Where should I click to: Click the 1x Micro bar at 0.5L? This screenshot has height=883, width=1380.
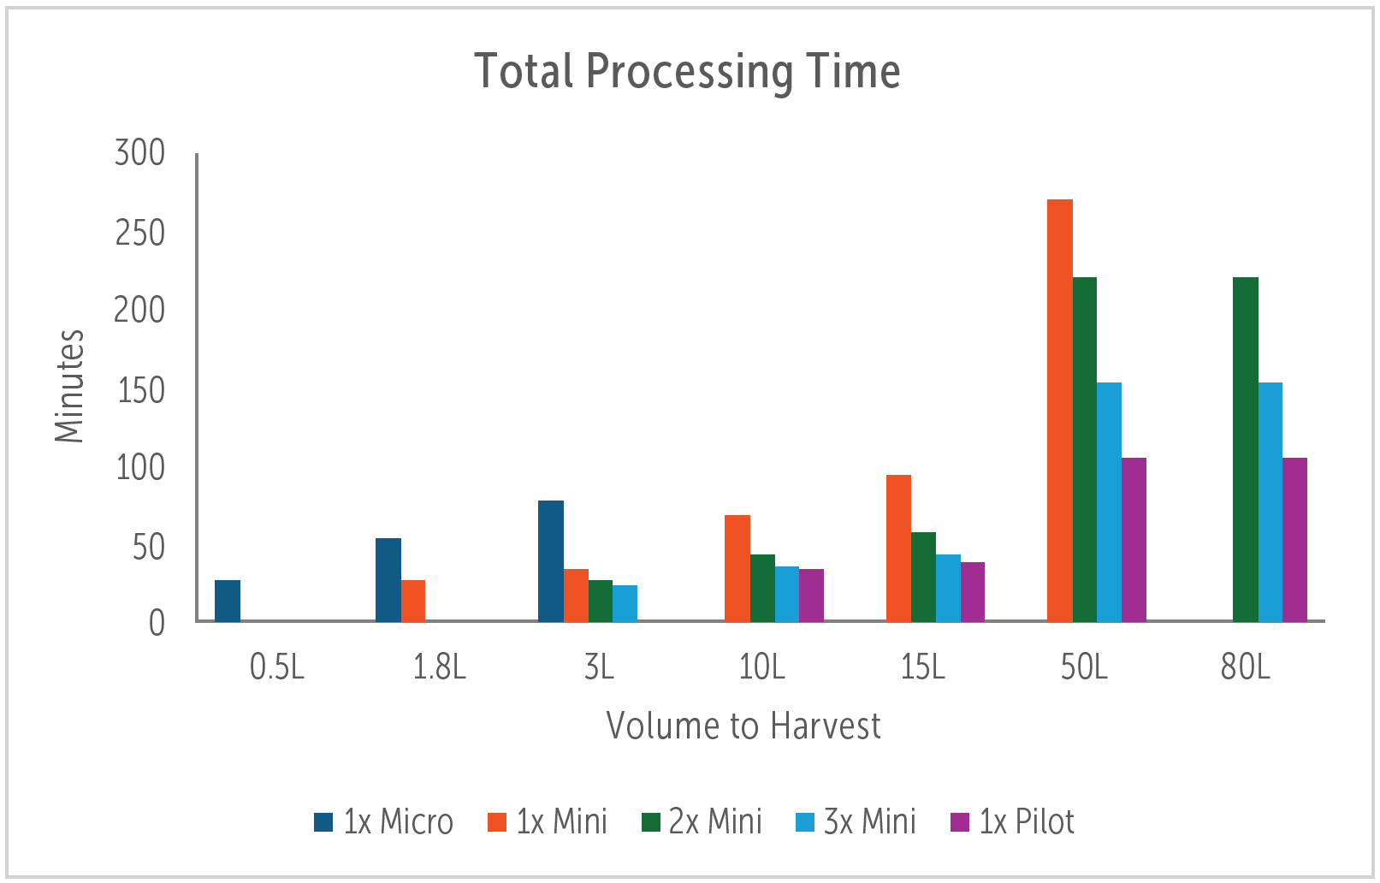(x=228, y=600)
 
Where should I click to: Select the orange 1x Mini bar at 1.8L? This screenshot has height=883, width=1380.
(x=413, y=600)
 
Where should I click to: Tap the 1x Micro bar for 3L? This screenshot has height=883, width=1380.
(x=551, y=560)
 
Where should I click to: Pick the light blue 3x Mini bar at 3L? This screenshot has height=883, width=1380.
(x=625, y=602)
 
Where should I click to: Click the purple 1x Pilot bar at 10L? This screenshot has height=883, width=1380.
(x=811, y=595)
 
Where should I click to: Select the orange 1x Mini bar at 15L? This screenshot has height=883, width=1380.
(x=898, y=548)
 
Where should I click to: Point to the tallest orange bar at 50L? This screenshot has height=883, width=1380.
(x=1060, y=411)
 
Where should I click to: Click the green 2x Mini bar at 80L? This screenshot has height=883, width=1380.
(x=1246, y=449)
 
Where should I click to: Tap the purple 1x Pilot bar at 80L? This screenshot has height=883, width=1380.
(x=1295, y=539)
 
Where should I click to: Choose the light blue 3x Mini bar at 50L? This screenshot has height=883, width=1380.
(x=1110, y=501)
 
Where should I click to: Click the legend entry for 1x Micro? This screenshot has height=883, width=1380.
(x=383, y=821)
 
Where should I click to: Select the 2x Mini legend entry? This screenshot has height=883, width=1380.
(x=702, y=821)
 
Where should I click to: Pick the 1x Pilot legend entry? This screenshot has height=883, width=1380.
(x=1012, y=821)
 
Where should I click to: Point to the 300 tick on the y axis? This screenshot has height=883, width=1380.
(x=140, y=153)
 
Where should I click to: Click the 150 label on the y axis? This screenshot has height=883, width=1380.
(x=140, y=390)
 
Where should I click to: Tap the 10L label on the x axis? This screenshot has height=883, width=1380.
(x=761, y=667)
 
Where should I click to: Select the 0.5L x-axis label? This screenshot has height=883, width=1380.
(x=277, y=667)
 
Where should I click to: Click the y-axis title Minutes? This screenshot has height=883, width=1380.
(x=69, y=386)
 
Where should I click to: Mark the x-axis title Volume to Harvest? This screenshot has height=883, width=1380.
(x=743, y=726)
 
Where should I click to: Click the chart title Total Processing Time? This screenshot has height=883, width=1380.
(x=687, y=71)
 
